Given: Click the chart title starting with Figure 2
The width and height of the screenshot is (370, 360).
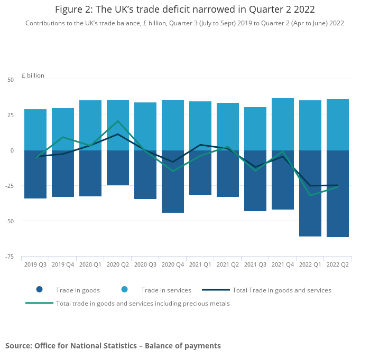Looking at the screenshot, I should [x=185, y=10].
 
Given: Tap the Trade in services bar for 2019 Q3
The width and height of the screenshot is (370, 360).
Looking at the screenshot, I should [x=35, y=130].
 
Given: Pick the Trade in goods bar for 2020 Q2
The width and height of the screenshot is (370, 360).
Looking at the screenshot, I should [x=118, y=168].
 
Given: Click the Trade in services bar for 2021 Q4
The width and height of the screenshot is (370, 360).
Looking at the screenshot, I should [x=283, y=124].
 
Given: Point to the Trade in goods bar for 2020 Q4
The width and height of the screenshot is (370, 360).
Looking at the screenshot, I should [x=173, y=182].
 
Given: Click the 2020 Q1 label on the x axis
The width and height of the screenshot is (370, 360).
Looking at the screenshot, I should [x=90, y=264].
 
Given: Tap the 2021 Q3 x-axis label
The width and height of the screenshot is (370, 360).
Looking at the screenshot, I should [x=255, y=264].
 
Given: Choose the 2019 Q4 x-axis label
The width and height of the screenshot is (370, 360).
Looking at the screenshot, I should [x=63, y=264].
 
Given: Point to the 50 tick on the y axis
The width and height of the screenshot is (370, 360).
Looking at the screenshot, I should [x=11, y=80].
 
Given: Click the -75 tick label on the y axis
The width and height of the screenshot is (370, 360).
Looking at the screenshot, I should [x=9, y=257].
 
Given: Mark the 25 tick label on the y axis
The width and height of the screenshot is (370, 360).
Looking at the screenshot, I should [x=11, y=115].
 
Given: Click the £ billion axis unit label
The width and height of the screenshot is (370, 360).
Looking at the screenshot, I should [x=33, y=75].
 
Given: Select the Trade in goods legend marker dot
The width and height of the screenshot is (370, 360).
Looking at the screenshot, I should [x=39, y=290].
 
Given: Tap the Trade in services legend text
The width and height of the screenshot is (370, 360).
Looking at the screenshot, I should [x=166, y=290].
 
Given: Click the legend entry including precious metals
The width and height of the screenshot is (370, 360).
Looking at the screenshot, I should [x=143, y=304].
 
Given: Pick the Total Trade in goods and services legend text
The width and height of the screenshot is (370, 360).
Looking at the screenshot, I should [x=282, y=290].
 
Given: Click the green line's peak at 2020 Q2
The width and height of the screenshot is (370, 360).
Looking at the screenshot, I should [x=118, y=121].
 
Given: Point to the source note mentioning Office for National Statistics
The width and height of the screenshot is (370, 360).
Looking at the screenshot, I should [x=113, y=346].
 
